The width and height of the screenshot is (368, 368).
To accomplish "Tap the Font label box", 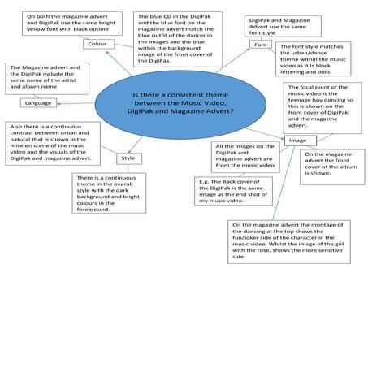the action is [260, 45].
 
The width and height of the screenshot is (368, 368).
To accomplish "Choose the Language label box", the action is [38, 103].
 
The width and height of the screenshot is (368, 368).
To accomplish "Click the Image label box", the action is [298, 141].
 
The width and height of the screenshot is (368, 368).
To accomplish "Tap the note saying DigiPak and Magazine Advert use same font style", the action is [276, 24].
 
